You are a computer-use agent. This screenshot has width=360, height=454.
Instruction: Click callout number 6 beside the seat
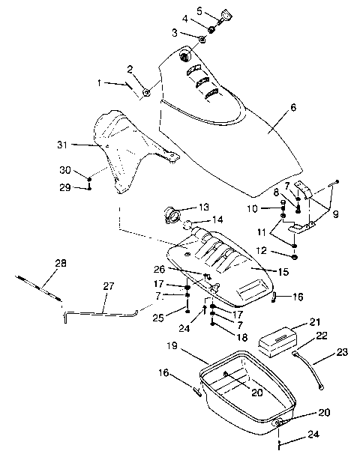coord(293,108)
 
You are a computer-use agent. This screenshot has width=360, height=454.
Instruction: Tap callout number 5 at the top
coord(199,10)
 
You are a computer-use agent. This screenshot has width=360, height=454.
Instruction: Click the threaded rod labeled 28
coord(37,285)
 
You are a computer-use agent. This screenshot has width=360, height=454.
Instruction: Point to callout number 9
coord(336,214)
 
